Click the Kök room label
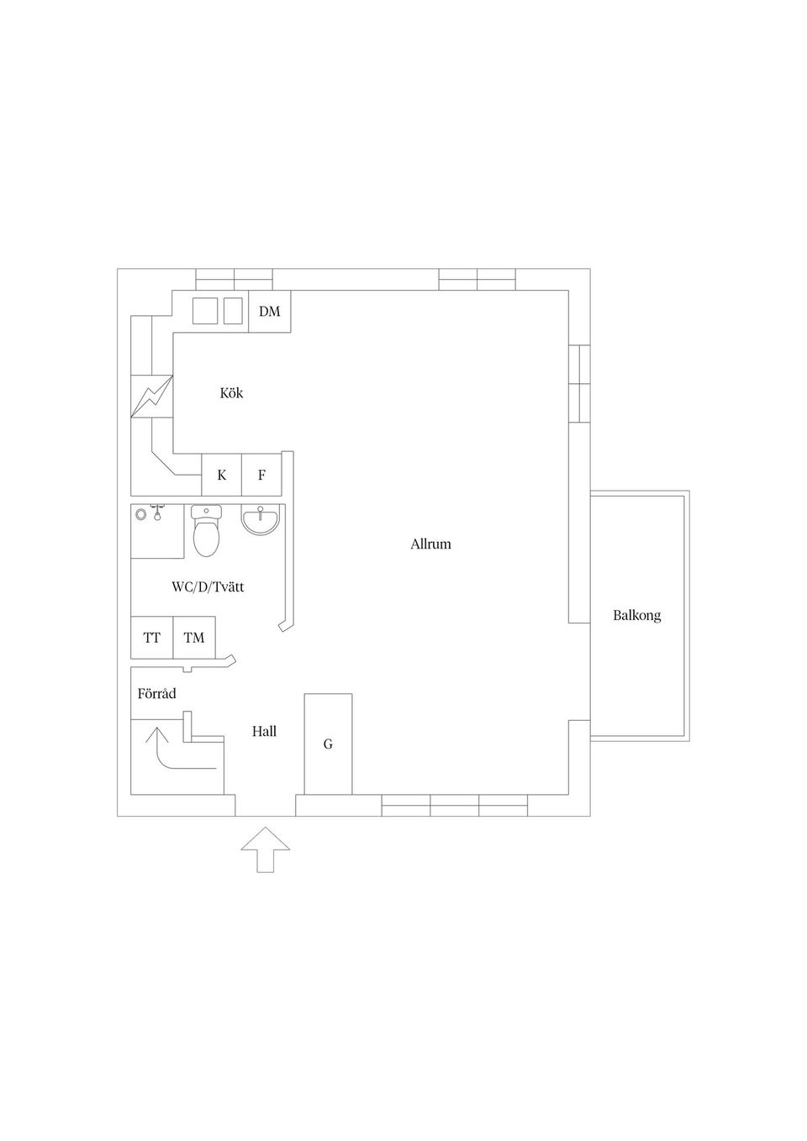click(x=231, y=393)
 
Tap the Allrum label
click(x=430, y=544)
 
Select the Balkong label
click(x=637, y=616)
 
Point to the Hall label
click(x=265, y=732)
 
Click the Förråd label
click(x=157, y=693)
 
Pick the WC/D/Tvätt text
click(x=208, y=587)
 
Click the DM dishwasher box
click(x=270, y=311)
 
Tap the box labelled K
click(x=222, y=475)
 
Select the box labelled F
click(x=261, y=475)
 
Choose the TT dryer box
click(x=152, y=637)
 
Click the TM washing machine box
click(x=194, y=637)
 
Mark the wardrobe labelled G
click(x=328, y=744)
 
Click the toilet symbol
click(x=206, y=531)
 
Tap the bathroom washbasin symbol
click(x=261, y=519)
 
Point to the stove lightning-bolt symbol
click(x=152, y=397)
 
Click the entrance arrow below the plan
click(x=266, y=849)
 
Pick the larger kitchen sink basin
click(x=205, y=311)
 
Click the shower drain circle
click(x=140, y=514)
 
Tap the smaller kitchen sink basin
click(x=233, y=311)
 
